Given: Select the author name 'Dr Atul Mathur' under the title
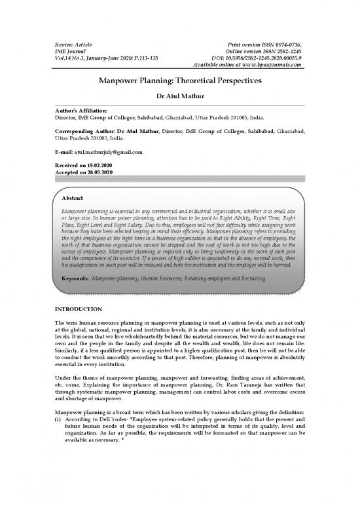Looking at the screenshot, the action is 179,96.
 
